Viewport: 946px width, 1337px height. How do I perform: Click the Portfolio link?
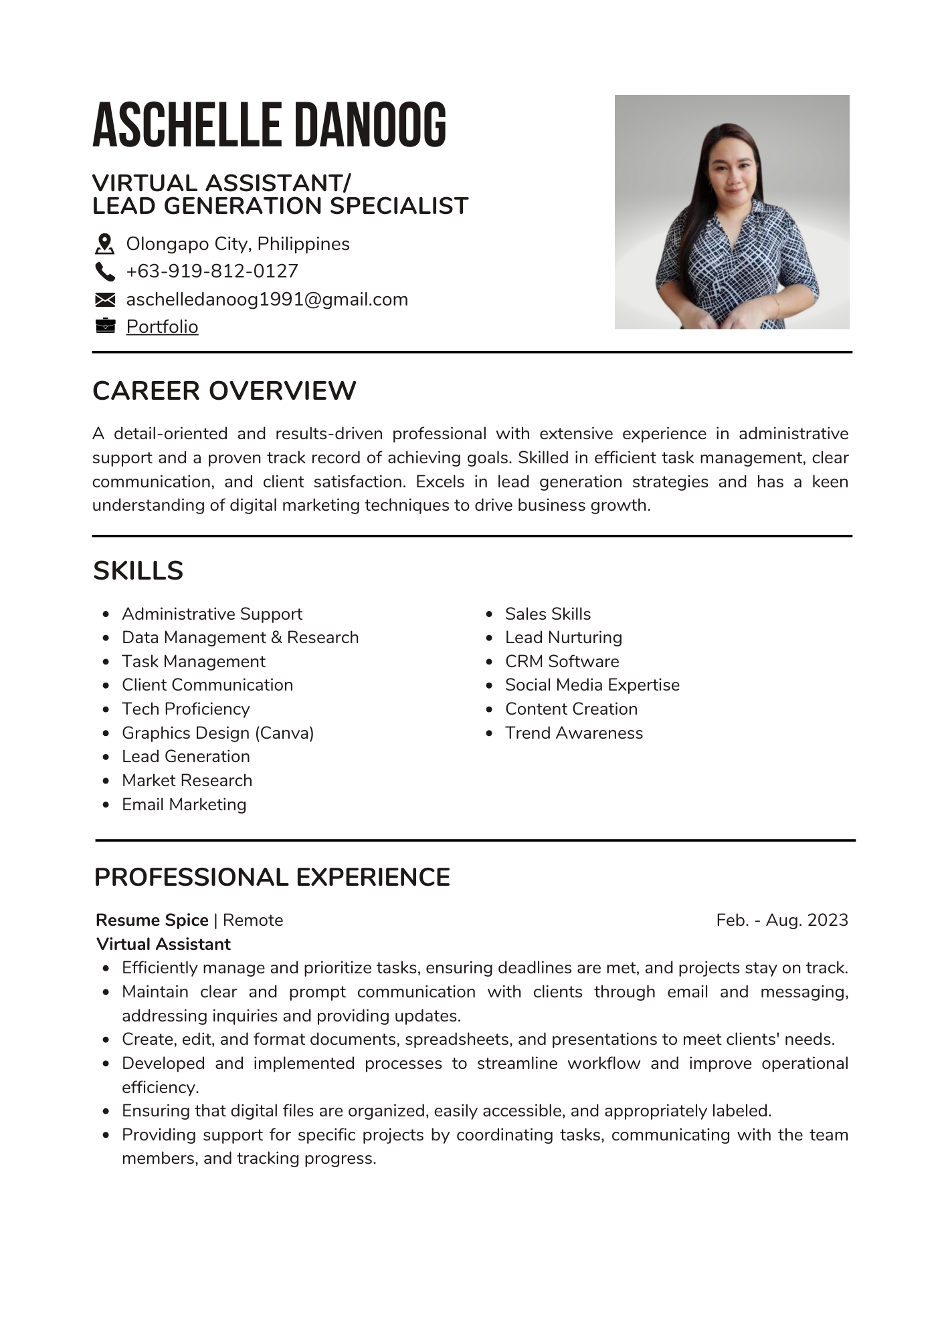(x=162, y=326)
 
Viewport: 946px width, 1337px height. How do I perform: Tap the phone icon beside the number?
(x=105, y=271)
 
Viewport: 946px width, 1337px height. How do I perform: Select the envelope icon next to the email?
(x=105, y=299)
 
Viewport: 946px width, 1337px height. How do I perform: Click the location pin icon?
(x=104, y=244)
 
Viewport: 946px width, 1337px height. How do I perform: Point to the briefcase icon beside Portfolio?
(x=105, y=326)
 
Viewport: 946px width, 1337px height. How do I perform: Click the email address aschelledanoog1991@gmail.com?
(x=267, y=299)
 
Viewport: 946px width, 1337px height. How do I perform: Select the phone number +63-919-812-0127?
(x=212, y=271)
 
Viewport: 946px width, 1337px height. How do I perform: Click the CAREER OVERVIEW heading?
(x=224, y=390)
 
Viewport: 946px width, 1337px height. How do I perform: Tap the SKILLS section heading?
(x=138, y=570)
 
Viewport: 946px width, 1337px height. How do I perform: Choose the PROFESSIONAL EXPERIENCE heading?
(x=272, y=877)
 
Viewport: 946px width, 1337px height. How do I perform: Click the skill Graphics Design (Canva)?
(x=217, y=733)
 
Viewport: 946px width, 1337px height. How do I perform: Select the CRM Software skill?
(x=562, y=661)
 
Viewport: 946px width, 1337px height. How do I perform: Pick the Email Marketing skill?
(x=184, y=804)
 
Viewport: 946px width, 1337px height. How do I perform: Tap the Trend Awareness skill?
(x=573, y=733)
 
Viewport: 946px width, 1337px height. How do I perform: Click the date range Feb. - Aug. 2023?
(x=781, y=920)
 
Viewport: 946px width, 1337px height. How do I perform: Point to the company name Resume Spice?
(x=152, y=920)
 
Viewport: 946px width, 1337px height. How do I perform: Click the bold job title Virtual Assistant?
(x=163, y=944)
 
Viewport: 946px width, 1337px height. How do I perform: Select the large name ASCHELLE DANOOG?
(x=269, y=125)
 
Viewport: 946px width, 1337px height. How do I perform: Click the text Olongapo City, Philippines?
(x=238, y=244)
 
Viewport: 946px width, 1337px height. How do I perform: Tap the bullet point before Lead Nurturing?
(x=489, y=638)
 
